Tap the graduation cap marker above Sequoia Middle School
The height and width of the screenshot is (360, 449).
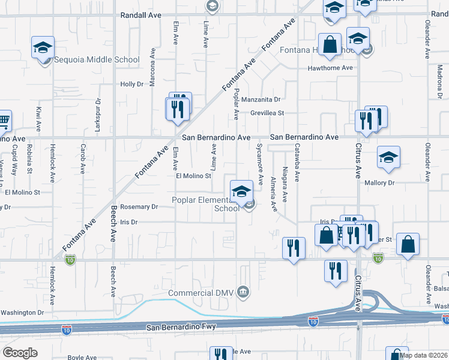(x=43, y=48)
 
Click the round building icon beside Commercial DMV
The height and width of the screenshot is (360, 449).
(x=243, y=293)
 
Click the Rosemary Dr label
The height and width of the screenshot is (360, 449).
(x=139, y=207)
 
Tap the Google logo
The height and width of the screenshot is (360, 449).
(x=20, y=353)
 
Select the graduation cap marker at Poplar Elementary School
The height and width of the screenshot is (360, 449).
(x=241, y=192)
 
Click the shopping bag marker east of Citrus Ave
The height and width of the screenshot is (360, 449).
(x=408, y=244)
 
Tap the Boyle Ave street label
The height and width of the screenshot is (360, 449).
(x=82, y=358)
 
